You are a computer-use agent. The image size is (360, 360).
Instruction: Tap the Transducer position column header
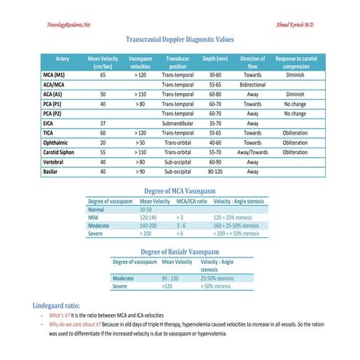click(x=177, y=61)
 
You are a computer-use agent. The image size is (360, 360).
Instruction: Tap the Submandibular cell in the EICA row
click(x=177, y=124)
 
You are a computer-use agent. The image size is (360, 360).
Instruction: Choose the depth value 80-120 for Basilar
click(x=215, y=172)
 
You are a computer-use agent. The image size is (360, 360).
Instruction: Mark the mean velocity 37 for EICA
click(x=103, y=124)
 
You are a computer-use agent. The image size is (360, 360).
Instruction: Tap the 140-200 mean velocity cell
click(x=153, y=225)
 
